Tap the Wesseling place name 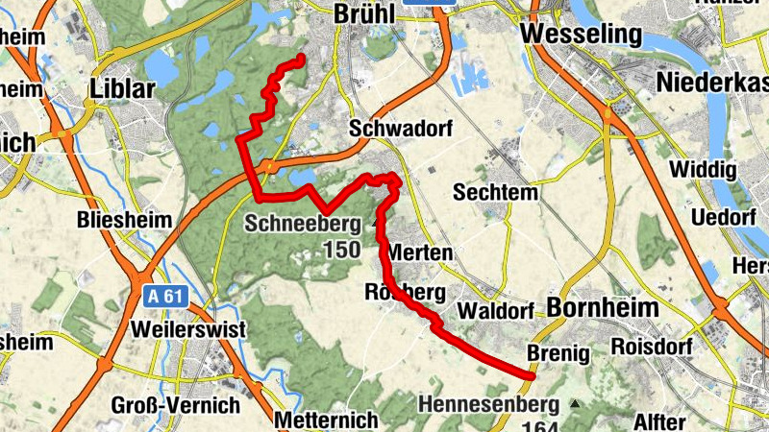(581, 36)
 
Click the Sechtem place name (495, 192)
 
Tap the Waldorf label (495, 312)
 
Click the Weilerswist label (189, 329)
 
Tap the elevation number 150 (340, 251)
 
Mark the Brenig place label (558, 353)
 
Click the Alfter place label (659, 421)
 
